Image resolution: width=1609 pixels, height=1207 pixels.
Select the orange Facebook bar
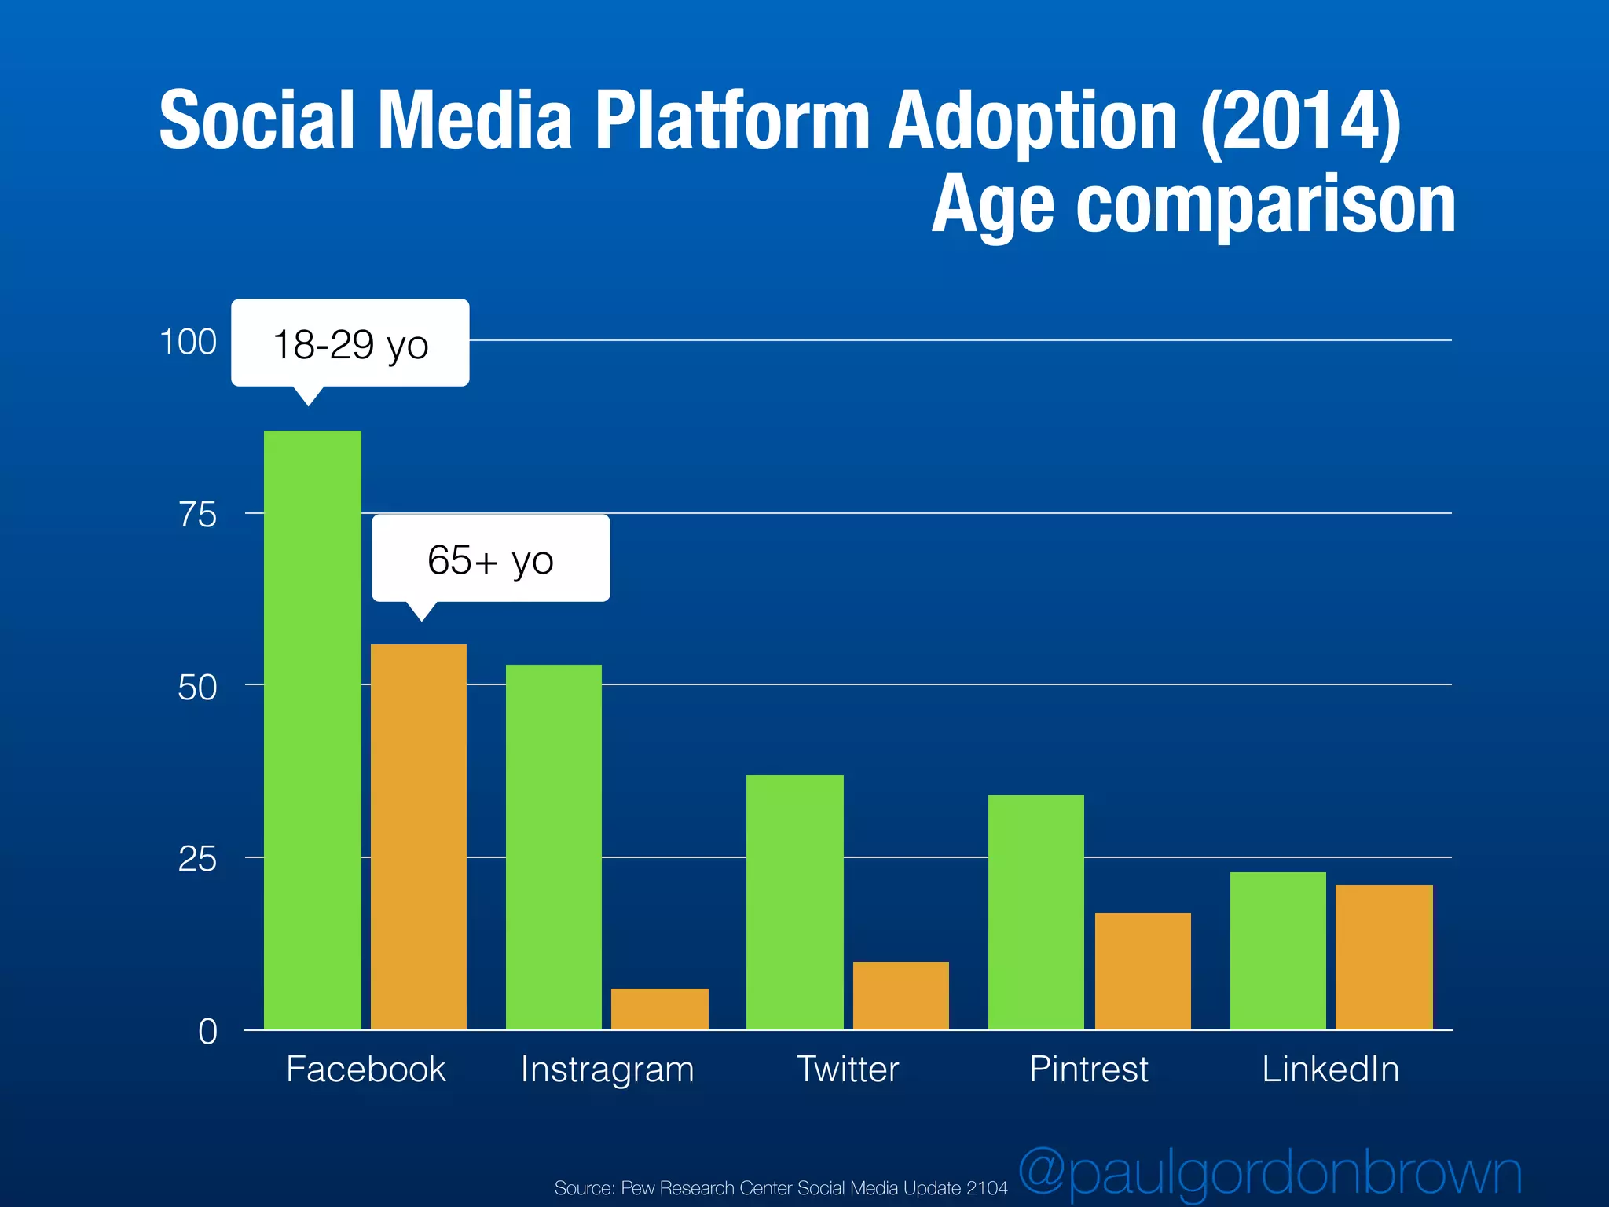pos(419,837)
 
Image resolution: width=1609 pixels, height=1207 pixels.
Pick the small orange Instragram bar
pos(660,1009)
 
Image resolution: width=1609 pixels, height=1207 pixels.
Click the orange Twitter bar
pos(901,996)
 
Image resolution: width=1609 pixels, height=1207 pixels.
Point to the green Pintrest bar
pos(1036,912)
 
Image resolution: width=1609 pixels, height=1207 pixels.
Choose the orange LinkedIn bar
pos(1384,957)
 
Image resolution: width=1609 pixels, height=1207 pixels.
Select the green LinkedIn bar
pos(1278,951)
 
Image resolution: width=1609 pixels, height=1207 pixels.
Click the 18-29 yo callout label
pos(350,344)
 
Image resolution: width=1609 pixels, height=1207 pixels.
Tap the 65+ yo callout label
pos(491,559)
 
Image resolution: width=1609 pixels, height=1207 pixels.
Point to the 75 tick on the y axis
pos(197,515)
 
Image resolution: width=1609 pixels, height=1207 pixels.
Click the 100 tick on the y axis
pos(188,342)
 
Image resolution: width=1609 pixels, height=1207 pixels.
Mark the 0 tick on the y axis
pos(207,1031)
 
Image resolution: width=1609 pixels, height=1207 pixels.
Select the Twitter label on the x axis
pos(848,1069)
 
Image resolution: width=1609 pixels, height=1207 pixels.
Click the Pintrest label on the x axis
pos(1089,1069)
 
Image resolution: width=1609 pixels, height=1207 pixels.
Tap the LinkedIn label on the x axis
pos(1331,1069)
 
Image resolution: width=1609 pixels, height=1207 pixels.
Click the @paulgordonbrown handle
pos(1270,1173)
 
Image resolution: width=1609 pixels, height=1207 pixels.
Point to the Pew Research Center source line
pos(780,1187)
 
